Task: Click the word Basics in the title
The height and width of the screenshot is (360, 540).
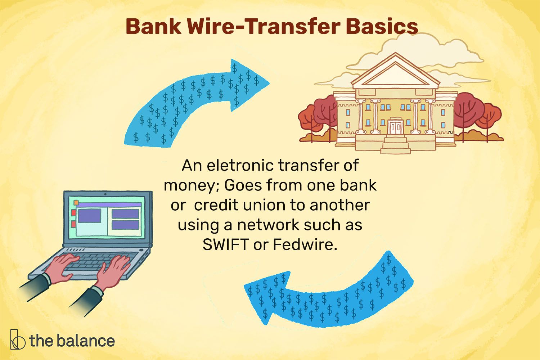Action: pyautogui.click(x=382, y=27)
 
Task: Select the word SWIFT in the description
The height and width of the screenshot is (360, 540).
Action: pyautogui.click(x=226, y=244)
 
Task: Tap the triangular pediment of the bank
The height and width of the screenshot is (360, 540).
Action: pyautogui.click(x=395, y=71)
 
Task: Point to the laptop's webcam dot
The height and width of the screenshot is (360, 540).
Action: pyautogui.click(x=105, y=194)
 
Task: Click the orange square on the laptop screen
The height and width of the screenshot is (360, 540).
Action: pyautogui.click(x=76, y=202)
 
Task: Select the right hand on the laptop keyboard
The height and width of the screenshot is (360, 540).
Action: pyautogui.click(x=112, y=273)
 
